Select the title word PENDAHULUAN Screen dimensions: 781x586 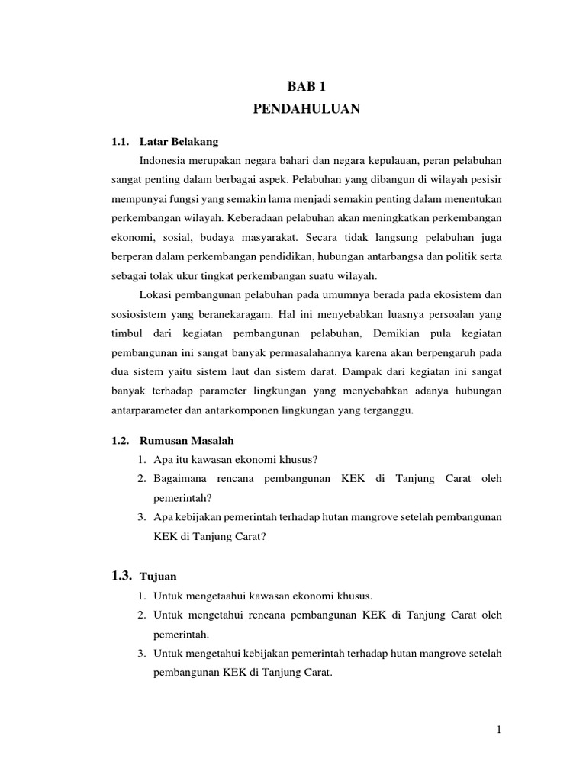[305, 110]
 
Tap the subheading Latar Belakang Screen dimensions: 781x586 [184, 142]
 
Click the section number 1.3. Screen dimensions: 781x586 [122, 574]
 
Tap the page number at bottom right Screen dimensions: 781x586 [498, 730]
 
